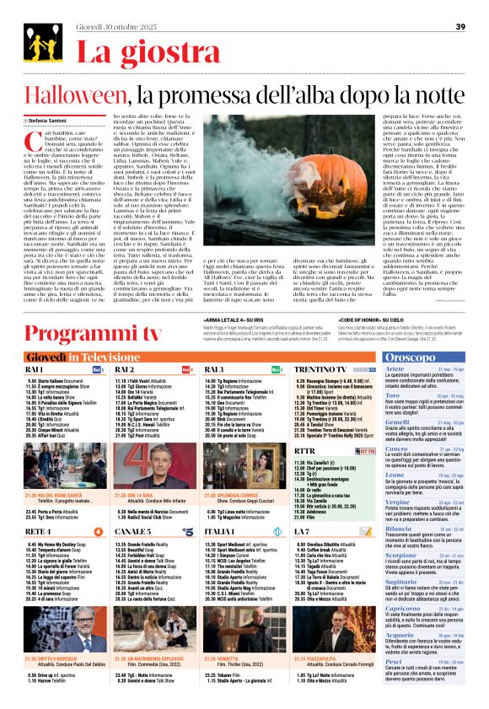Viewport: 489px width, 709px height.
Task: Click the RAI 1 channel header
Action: click(36, 368)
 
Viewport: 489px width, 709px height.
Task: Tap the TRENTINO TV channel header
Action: click(320, 368)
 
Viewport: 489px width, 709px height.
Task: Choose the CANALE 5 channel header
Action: click(133, 531)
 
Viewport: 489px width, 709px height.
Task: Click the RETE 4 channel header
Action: click(38, 531)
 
